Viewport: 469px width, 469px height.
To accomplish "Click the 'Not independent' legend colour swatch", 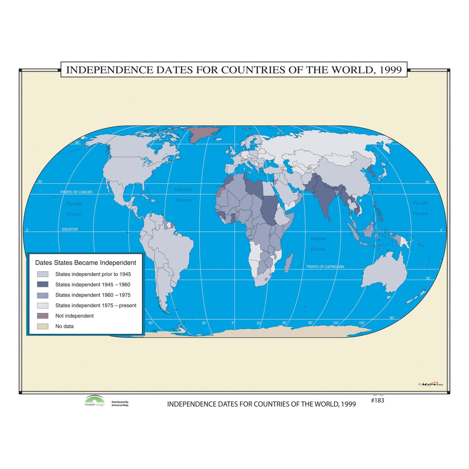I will tap(42, 316).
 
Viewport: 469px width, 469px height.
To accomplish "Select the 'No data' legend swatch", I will tap(42, 326).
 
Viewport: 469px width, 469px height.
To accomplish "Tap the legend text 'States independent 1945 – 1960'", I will tap(93, 284).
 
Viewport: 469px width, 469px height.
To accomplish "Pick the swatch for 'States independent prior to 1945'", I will tap(42, 274).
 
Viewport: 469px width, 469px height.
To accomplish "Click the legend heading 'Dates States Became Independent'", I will tap(85, 263).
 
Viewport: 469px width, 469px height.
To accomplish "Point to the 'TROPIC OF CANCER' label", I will tap(76, 192).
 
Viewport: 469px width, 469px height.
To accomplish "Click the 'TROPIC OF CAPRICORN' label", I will tap(325, 267).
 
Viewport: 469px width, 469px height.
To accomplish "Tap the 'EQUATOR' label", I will tap(70, 229).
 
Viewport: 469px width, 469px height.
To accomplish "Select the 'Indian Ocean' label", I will tap(318, 244).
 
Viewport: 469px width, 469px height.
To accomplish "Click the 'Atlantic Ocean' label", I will tap(183, 195).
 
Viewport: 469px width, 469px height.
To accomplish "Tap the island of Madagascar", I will tap(288, 263).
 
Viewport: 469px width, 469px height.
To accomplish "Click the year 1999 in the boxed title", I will tap(391, 70).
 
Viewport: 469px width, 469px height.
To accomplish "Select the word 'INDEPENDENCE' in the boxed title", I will tap(110, 70).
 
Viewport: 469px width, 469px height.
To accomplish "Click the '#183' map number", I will tap(377, 400).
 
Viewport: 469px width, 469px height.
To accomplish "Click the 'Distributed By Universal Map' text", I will tap(120, 403).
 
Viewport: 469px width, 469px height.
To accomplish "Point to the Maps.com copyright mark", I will tap(430, 384).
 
